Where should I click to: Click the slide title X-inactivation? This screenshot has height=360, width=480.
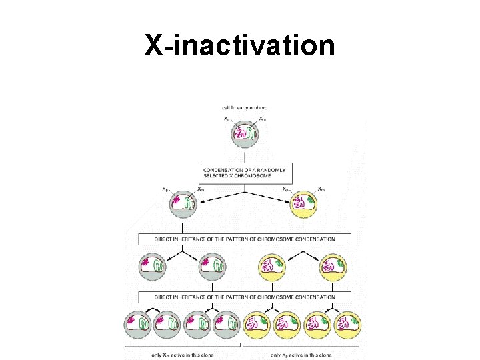pyautogui.click(x=240, y=45)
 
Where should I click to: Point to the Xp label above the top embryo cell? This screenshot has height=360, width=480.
pyautogui.click(x=227, y=119)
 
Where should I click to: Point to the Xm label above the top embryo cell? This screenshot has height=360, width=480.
pyautogui.click(x=263, y=119)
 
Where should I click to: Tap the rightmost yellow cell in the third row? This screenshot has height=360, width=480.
pyautogui.click(x=333, y=268)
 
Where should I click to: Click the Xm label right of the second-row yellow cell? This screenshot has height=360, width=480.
pyautogui.click(x=321, y=189)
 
